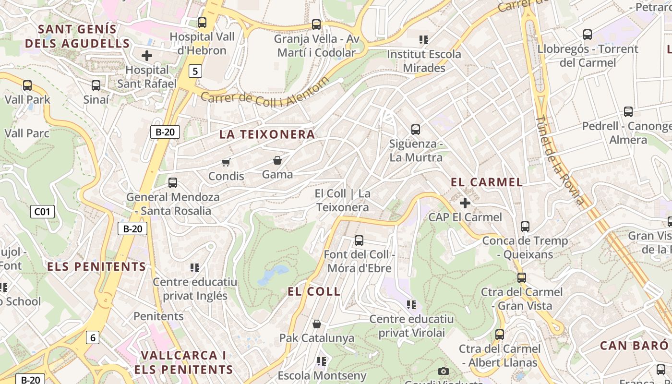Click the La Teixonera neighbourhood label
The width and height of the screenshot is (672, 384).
267,134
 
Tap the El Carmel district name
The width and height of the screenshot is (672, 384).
487,182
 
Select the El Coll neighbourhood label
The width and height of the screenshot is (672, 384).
314,291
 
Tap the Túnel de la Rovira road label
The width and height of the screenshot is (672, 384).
560,161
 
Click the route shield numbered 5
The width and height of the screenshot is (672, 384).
194,72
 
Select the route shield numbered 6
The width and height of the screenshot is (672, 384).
93,337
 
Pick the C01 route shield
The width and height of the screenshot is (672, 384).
42,212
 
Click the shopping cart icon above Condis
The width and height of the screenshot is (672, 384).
226,162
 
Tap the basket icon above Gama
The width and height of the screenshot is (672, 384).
277,160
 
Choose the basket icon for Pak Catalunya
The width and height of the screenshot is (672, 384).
316,324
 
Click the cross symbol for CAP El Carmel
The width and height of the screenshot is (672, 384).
465,203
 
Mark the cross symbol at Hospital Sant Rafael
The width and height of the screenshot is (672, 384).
147,56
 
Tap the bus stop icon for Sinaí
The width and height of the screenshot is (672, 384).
96,85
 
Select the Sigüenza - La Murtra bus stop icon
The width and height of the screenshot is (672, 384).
416,129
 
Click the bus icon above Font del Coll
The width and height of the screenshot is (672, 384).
359,240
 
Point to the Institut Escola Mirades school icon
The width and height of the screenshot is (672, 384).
423,39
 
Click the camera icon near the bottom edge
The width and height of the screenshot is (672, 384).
444,371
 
